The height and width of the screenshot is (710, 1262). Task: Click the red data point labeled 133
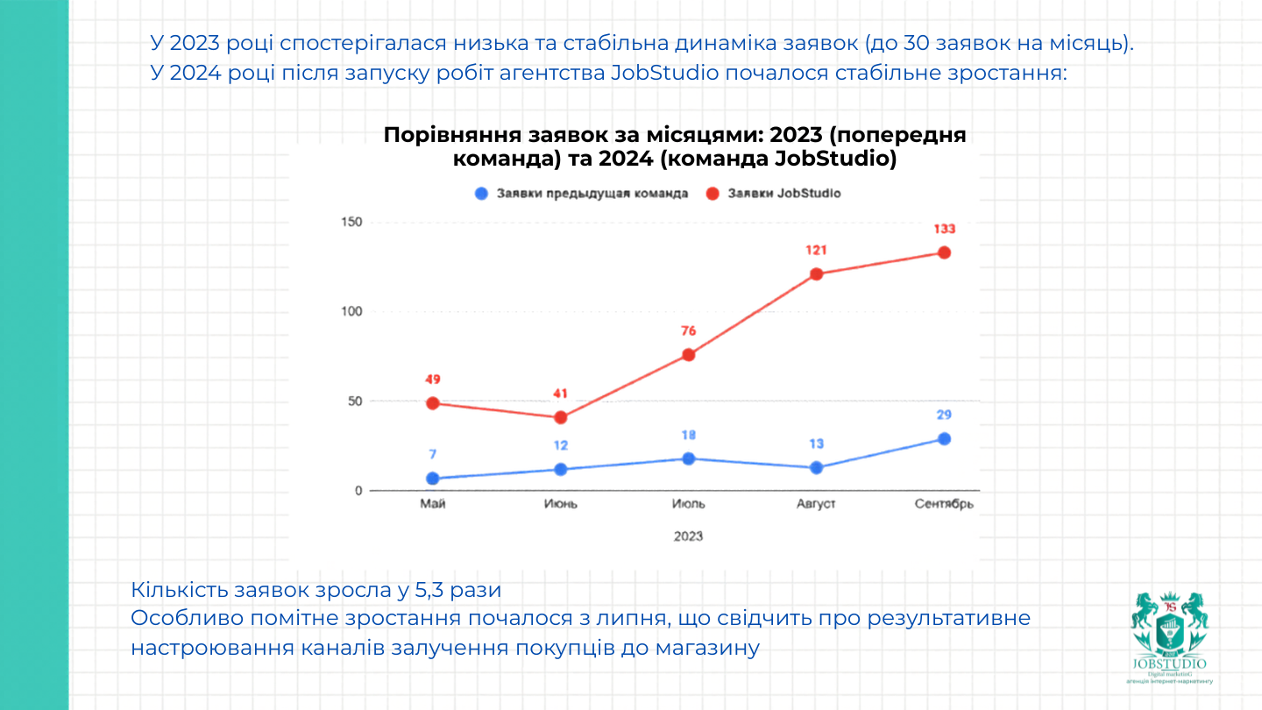pos(944,252)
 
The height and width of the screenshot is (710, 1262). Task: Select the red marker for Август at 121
pos(816,274)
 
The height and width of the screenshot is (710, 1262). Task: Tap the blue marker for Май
pos(433,479)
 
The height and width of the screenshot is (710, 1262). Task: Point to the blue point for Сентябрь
pos(944,439)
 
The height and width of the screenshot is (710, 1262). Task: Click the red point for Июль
pos(689,355)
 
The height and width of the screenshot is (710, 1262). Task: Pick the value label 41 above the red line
pos(561,394)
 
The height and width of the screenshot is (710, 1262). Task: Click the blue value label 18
pos(689,436)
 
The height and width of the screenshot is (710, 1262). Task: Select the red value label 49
pos(433,380)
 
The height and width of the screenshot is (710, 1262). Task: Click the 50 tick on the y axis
pos(354,401)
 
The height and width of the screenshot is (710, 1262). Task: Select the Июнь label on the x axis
pos(561,504)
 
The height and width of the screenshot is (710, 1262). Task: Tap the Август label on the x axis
pos(816,504)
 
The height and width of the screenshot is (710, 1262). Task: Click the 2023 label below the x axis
pos(688,536)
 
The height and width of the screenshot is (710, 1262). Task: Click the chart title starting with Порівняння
pos(675,147)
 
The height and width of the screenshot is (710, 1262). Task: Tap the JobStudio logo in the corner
pos(1169,636)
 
